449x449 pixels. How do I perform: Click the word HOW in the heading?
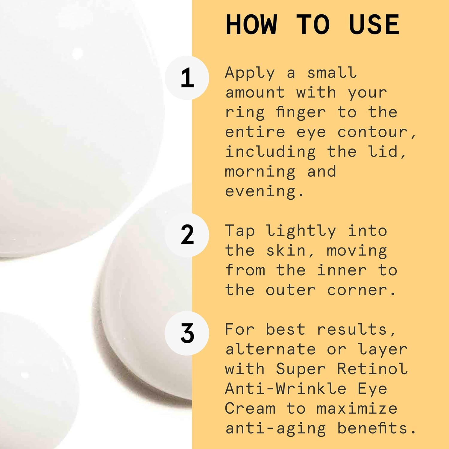point(251,25)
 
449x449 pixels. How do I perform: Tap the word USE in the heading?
point(374,25)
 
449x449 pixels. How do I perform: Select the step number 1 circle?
point(187,78)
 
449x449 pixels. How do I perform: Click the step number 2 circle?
point(187,235)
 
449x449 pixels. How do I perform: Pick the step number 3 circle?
point(187,333)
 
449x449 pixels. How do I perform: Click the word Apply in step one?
point(250,74)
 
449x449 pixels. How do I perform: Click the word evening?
point(264,192)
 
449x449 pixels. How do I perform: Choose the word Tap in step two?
point(240,231)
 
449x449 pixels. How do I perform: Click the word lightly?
point(301,231)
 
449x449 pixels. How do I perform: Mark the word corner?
point(361,290)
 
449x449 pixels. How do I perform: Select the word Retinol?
point(372,369)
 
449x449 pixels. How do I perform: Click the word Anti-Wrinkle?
point(286,389)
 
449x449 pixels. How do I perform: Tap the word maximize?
point(357,408)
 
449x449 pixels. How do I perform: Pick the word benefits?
point(377,428)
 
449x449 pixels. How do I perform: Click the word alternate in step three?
point(271,349)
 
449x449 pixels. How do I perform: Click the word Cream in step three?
point(250,408)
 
